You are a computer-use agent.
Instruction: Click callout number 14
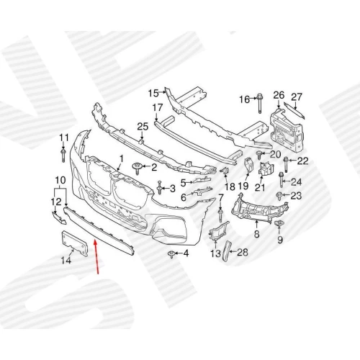[x=66, y=260]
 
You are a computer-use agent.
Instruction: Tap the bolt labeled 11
[x=63, y=155]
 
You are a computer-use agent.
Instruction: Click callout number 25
[x=143, y=127]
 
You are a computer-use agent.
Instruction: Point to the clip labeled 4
[x=172, y=254]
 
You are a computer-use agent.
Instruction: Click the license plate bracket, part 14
[x=74, y=243]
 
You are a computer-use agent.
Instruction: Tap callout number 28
[x=243, y=252]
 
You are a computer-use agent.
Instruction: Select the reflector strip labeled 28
[x=226, y=251]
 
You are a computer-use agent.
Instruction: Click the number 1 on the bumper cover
[x=121, y=159]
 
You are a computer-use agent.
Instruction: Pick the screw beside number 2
[x=137, y=168]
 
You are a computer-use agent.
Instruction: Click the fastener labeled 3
[x=159, y=188]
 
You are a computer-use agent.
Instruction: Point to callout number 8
[x=256, y=233]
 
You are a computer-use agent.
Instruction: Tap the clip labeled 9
[x=279, y=224]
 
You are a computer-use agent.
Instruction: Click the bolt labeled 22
[x=286, y=164]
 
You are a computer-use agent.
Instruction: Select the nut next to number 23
[x=279, y=196]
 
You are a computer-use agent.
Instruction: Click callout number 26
[x=279, y=95]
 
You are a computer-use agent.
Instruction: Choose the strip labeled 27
[x=294, y=110]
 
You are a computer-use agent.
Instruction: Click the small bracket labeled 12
[x=59, y=217]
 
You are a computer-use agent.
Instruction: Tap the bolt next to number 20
[x=259, y=155]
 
